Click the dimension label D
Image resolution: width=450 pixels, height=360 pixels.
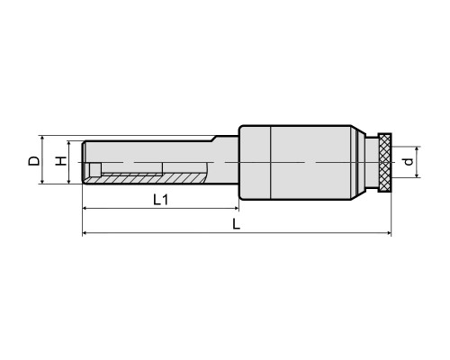coord(34,161)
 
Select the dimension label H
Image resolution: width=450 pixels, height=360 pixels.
coord(61,161)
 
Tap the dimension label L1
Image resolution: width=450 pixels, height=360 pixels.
coord(160,200)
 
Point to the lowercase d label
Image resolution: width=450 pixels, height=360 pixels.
coord(409,162)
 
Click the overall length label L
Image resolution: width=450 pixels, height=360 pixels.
coord(237,224)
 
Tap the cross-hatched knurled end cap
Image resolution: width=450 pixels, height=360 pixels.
coord(385,163)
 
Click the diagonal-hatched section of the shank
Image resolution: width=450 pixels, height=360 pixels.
coord(144,179)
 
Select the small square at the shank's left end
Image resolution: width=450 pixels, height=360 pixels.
coord(95,169)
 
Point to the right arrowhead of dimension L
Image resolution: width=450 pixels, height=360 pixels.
coord(389,232)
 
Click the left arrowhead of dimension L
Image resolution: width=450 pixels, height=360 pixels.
coord(85,232)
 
